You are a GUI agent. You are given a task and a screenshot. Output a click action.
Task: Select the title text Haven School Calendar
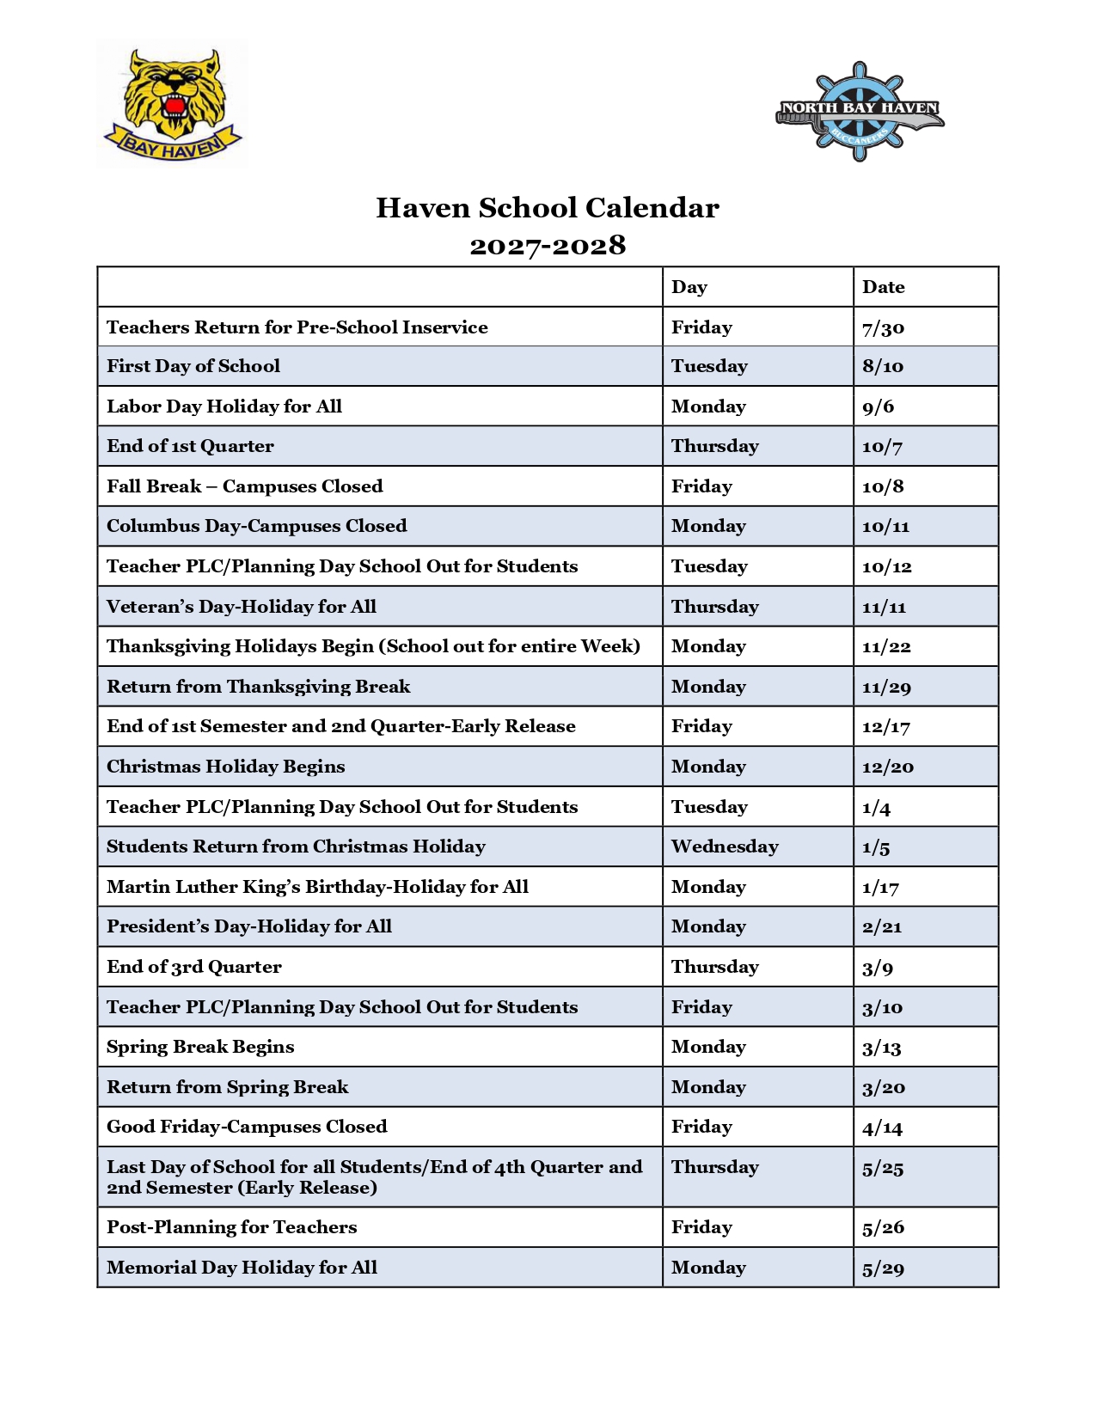[548, 208]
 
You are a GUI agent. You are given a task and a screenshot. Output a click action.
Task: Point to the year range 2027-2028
[548, 246]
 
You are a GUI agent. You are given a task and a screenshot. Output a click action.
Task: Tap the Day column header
[689, 287]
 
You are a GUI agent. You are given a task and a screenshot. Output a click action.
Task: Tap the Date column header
[884, 287]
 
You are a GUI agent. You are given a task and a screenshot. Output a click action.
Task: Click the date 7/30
[884, 327]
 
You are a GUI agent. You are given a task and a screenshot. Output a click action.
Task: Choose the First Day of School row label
[193, 366]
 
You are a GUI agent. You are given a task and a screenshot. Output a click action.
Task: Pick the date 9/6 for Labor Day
[878, 406]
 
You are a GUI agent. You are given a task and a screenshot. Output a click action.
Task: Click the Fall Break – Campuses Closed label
[245, 486]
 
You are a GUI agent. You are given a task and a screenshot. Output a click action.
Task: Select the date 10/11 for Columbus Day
[886, 526]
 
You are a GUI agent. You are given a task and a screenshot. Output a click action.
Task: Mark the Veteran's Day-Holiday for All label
[242, 607]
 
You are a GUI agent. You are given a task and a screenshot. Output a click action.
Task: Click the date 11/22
[886, 646]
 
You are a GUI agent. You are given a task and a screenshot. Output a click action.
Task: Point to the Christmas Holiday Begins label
[226, 767]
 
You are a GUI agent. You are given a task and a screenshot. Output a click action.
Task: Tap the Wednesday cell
[725, 847]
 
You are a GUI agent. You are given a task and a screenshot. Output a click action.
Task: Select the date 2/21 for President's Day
[882, 926]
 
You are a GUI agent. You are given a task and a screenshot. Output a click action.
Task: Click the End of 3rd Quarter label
[194, 967]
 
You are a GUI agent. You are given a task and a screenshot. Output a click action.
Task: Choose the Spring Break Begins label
[200, 1047]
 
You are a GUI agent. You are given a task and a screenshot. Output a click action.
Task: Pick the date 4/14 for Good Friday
[882, 1127]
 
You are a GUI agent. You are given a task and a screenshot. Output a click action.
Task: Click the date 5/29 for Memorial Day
[883, 1268]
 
